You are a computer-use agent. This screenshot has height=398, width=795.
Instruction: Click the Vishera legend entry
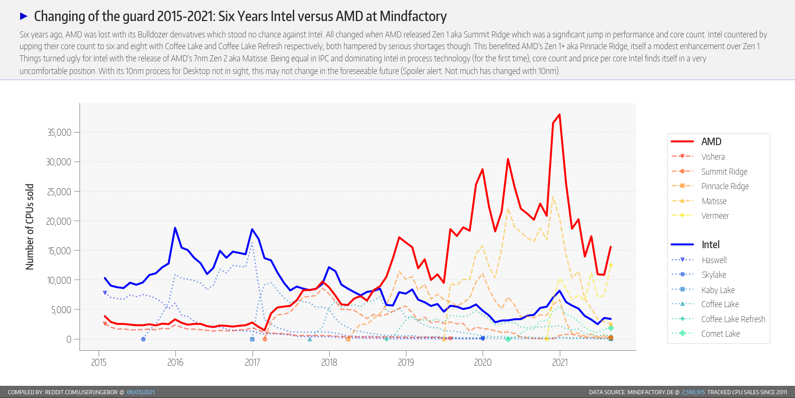[713, 157]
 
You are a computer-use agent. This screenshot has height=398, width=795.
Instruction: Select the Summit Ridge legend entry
[724, 172]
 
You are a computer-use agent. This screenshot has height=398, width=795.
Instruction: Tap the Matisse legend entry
[714, 201]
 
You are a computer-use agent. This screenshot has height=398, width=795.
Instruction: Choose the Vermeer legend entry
[715, 216]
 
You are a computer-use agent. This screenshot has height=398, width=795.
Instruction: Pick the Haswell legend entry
[714, 260]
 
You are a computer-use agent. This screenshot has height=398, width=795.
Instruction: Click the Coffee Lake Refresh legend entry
[733, 319]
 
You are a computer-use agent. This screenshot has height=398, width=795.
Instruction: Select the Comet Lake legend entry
[720, 334]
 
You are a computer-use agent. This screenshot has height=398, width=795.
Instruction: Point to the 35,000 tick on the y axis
[59, 133]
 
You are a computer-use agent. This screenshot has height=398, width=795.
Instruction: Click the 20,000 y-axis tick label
[59, 221]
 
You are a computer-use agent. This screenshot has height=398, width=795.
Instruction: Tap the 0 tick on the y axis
[69, 339]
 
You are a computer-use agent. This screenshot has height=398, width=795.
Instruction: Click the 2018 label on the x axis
[329, 362]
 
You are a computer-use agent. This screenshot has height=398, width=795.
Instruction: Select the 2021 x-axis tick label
[560, 362]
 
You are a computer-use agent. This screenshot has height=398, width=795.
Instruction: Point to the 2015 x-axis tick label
[99, 362]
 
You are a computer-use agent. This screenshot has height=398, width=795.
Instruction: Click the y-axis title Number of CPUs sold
[29, 227]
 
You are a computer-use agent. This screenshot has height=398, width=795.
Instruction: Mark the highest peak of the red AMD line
[559, 115]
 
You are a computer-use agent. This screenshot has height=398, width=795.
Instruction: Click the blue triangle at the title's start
[24, 16]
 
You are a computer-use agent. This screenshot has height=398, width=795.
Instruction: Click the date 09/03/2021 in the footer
[140, 392]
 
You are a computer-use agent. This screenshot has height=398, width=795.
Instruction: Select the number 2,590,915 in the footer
[693, 392]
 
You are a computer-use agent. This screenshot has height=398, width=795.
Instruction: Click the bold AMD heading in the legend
[711, 142]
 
